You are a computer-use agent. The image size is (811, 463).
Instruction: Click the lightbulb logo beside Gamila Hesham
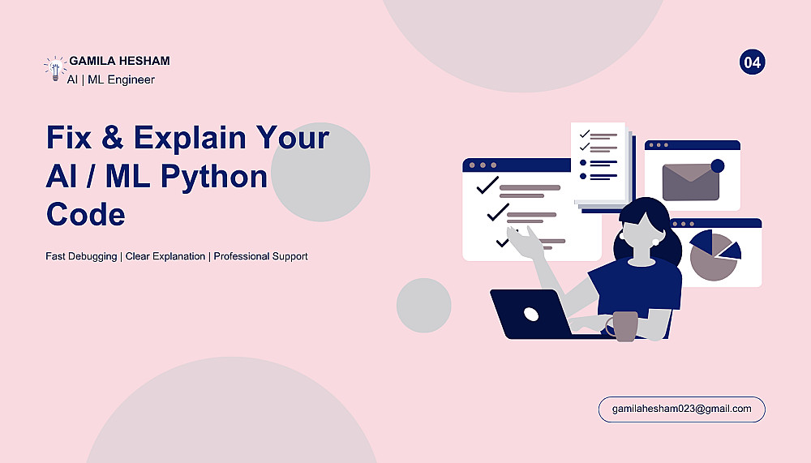55,69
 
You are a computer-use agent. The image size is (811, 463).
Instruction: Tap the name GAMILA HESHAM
119,61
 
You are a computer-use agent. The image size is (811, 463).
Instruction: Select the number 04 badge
752,62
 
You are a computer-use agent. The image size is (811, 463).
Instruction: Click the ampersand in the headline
112,137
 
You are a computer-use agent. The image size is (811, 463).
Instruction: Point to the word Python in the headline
213,177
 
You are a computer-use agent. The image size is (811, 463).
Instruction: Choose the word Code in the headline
85,214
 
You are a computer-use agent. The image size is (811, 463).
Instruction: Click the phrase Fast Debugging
81,256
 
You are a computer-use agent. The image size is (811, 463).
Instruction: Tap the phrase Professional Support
260,256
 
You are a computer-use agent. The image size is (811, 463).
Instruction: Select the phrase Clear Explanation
165,256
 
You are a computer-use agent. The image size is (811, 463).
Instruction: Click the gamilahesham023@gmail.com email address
682,409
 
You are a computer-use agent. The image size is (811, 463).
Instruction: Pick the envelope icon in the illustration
690,182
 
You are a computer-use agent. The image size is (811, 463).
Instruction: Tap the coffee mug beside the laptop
623,326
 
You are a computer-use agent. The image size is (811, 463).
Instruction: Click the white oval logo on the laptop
531,314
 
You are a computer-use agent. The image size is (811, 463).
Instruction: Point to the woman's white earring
656,242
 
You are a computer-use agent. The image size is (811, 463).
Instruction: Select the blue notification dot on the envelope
718,165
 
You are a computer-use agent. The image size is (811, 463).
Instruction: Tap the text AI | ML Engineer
110,79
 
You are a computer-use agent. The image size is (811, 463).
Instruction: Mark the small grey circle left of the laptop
423,305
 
